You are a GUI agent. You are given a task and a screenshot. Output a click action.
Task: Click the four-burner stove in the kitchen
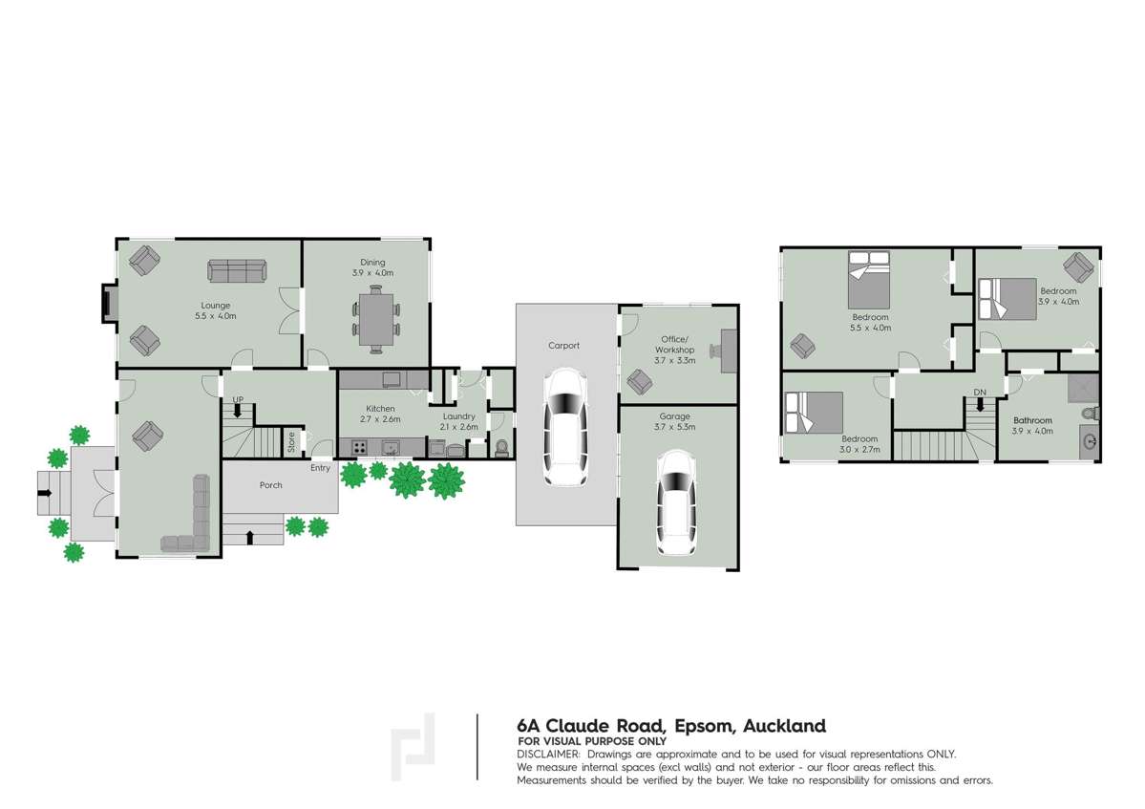click(359, 447)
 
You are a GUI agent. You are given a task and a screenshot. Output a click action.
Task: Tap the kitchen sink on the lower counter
click(390, 447)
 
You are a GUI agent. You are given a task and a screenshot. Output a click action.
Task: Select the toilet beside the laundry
click(501, 447)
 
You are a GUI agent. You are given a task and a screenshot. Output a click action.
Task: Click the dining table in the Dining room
click(376, 317)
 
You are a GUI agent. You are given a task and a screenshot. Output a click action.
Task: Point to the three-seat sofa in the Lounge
click(236, 272)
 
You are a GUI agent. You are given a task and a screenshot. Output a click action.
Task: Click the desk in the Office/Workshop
click(730, 351)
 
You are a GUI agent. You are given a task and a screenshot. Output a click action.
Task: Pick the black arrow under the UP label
click(238, 412)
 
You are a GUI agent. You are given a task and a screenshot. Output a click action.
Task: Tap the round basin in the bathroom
click(1090, 440)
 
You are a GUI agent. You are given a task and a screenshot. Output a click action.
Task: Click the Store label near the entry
click(292, 441)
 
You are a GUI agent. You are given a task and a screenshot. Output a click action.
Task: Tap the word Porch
click(271, 485)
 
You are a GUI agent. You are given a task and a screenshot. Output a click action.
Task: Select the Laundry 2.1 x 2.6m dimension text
click(458, 427)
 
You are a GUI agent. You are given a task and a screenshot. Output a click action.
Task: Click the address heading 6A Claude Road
click(670, 726)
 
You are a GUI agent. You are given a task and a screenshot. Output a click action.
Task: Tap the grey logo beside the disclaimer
click(413, 748)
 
